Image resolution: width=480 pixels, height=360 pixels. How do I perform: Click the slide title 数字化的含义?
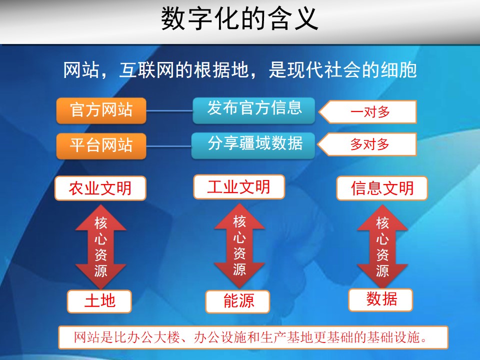tap(239, 19)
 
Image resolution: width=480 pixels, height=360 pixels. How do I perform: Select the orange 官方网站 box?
tap(101, 110)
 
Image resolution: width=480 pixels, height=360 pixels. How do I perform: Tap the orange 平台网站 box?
tap(101, 146)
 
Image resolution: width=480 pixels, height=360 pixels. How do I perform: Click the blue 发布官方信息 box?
tap(254, 110)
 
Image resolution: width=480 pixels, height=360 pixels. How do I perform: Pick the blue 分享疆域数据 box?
tap(253, 145)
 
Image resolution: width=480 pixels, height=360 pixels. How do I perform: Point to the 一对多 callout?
tap(367, 111)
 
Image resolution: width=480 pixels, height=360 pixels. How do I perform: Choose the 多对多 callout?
tap(367, 144)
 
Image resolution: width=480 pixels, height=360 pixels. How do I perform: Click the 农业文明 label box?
tap(100, 188)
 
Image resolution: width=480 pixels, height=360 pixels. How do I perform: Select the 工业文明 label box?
tap(239, 186)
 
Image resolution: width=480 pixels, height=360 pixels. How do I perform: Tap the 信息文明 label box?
tap(382, 188)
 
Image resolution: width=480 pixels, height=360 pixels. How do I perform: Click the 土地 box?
tap(99, 301)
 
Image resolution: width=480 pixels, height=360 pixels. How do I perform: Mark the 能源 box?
tap(238, 301)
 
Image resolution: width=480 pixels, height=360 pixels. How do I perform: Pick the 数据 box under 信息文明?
tap(381, 299)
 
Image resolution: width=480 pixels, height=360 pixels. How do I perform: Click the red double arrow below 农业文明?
tap(100, 246)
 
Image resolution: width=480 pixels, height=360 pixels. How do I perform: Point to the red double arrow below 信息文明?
tap(382, 246)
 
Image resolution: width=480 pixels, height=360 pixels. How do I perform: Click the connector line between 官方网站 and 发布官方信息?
tap(169, 110)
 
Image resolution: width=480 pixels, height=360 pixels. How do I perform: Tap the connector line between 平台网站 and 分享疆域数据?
tap(168, 146)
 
